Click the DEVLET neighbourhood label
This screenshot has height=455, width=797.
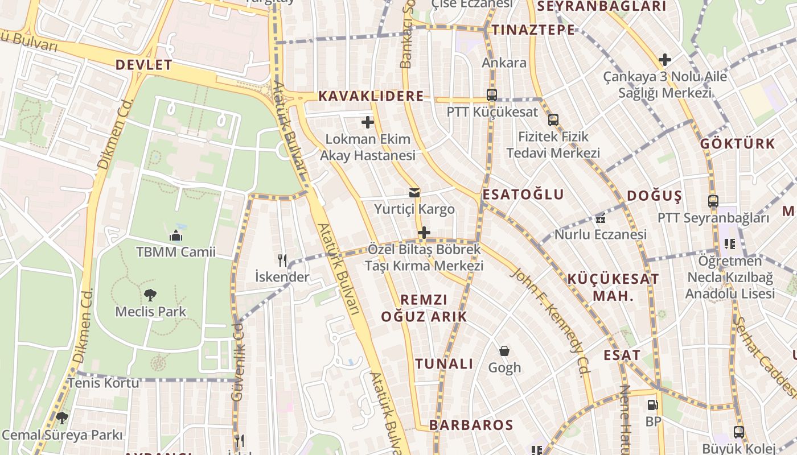click(143, 65)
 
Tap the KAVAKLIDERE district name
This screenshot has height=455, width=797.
click(371, 96)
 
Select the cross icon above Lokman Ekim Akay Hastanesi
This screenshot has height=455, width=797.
click(368, 122)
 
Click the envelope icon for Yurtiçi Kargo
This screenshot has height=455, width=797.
click(414, 193)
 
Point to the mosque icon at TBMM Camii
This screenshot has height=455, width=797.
click(175, 235)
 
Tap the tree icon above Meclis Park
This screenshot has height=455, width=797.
click(150, 295)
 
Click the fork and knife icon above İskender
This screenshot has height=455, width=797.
click(282, 260)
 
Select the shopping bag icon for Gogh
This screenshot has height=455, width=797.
click(504, 351)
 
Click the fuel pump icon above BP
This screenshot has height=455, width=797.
click(653, 405)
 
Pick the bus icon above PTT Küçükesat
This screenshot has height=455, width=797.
click(492, 95)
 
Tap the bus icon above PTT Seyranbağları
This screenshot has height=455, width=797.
click(713, 201)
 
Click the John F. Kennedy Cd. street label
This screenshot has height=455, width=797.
click(550, 321)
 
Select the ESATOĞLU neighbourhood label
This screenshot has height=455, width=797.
click(523, 195)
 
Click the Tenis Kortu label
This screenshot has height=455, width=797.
click(103, 383)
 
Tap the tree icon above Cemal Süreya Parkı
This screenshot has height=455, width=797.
click(62, 419)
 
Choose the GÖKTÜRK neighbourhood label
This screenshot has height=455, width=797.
click(737, 143)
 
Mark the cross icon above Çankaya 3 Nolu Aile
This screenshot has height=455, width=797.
click(664, 60)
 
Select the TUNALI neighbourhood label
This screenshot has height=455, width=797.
click(444, 364)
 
